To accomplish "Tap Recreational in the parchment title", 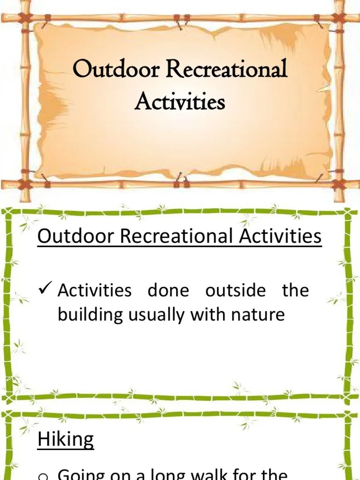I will (x=226, y=70).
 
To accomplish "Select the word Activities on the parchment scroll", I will (x=180, y=101).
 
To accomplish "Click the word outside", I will (x=235, y=291).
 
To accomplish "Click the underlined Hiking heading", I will (x=66, y=440).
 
